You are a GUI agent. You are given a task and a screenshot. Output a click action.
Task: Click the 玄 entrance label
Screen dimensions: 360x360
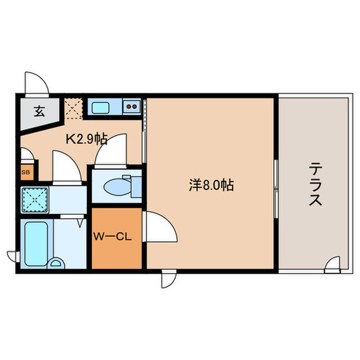[39, 111]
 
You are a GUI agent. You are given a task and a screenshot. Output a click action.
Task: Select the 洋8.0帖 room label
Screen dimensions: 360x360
[211, 185]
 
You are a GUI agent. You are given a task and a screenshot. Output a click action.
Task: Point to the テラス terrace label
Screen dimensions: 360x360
[315, 185]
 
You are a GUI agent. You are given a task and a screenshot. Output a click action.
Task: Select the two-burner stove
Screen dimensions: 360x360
[132, 107]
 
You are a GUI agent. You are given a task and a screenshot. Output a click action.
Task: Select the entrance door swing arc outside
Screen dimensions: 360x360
[37, 82]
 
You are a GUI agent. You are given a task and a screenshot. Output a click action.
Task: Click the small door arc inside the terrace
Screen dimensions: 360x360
[333, 263]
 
